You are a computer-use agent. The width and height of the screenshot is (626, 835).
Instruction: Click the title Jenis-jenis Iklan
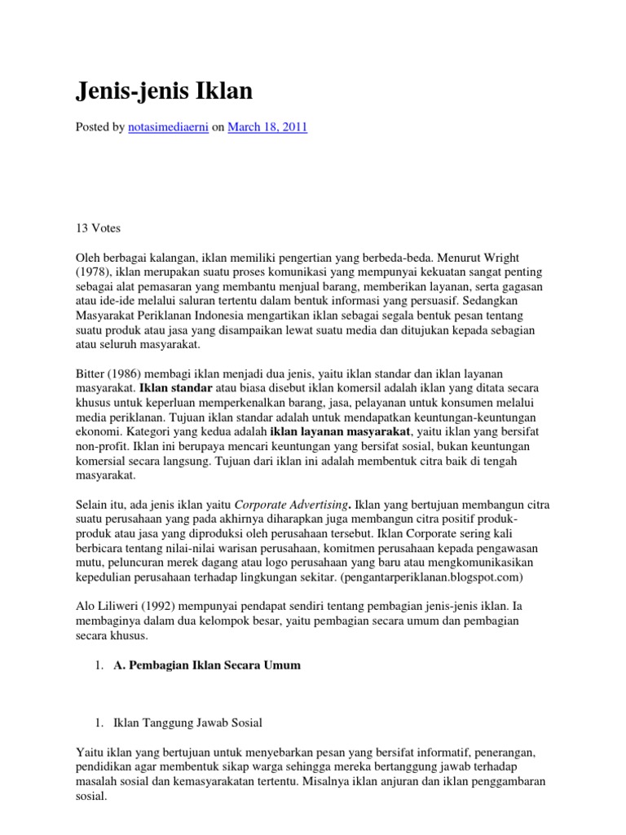coord(164,92)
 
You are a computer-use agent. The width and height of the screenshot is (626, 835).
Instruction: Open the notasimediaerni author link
coord(168,127)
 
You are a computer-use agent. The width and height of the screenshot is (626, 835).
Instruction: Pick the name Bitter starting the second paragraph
coord(92,372)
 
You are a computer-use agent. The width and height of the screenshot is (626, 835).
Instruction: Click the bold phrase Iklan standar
coord(176,387)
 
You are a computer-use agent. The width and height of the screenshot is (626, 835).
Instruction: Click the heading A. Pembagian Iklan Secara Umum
coord(207,665)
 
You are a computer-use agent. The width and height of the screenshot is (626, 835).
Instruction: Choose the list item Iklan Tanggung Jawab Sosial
coord(188,722)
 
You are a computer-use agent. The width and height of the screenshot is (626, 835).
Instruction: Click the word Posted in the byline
coord(93,127)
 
